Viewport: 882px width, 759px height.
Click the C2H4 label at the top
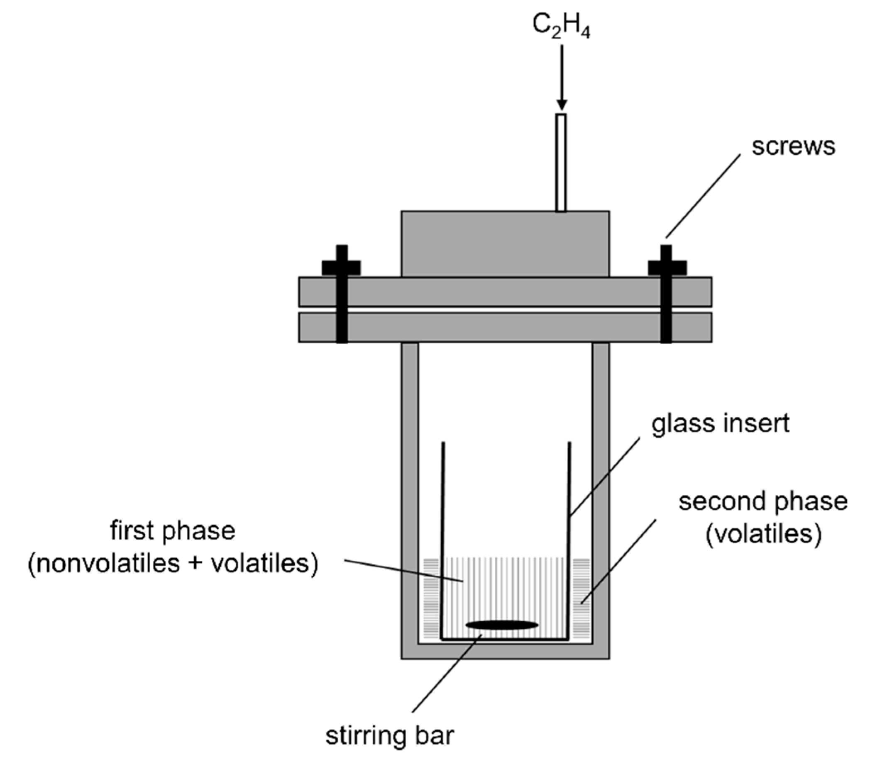pos(561,27)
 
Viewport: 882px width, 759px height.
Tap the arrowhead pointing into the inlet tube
pos(562,105)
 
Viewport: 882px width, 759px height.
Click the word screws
pos(793,146)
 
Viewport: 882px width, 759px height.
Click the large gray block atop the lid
pos(505,244)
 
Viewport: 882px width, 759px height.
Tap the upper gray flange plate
pos(505,292)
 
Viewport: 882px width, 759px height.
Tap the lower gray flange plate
pos(505,327)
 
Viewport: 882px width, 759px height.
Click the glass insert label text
pos(720,424)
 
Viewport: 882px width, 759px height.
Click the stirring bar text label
pos(390,736)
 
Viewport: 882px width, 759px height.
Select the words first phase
pos(173,530)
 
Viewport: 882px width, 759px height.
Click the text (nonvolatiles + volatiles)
pos(173,564)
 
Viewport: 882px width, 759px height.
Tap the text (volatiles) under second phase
pos(763,533)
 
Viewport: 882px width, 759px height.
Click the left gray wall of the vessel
pos(410,489)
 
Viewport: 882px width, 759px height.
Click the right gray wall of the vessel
pos(600,489)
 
